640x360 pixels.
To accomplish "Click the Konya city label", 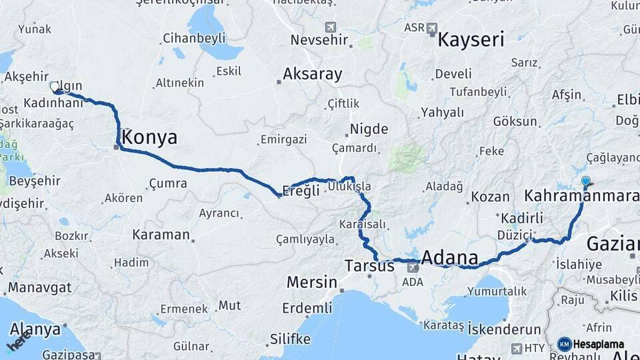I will [151, 138].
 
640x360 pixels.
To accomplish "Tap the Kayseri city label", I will [471, 39].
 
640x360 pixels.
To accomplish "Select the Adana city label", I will [450, 258].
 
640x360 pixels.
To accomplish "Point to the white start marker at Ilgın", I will [54, 86].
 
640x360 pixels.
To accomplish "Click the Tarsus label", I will [369, 266].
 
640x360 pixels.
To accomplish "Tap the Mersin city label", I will [311, 283].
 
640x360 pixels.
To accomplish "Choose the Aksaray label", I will [312, 74].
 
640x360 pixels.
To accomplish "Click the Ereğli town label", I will [301, 189].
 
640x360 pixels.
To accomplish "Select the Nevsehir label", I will [320, 40].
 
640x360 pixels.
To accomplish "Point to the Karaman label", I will [161, 235].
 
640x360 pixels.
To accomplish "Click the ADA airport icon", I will [413, 267].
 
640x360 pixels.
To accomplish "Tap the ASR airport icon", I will [432, 29].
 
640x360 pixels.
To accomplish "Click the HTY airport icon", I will [517, 348].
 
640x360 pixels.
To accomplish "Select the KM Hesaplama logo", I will [591, 344].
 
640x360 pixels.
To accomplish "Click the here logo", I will [19, 341].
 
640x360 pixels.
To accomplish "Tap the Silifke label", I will [290, 339].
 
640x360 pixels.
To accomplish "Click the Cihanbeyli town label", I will [194, 38].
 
